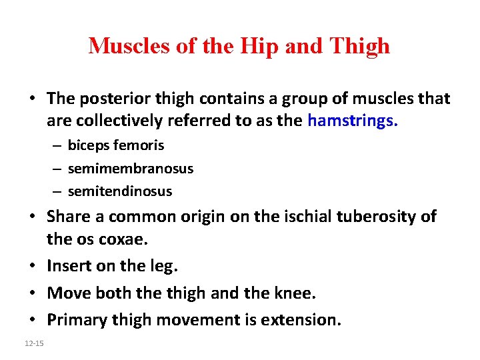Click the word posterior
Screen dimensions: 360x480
coord(110,99)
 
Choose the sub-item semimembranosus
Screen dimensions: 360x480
coord(131,169)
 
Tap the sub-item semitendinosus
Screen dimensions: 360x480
coord(120,191)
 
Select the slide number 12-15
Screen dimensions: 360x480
coord(31,343)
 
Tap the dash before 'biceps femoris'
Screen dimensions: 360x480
coord(58,145)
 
